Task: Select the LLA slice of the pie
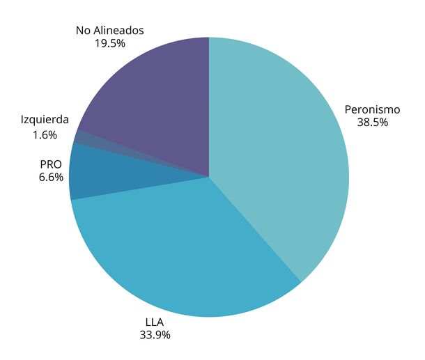tap(188, 251)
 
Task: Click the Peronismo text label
tap(372, 109)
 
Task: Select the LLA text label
tap(154, 322)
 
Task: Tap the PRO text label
tap(51, 165)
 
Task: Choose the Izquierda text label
tap(45, 120)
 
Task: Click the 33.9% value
tap(154, 335)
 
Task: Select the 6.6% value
tap(51, 178)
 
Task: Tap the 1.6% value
tap(45, 135)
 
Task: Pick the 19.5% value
tap(109, 43)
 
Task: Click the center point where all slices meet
tap(209, 177)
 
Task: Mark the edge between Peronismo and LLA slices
tap(255, 230)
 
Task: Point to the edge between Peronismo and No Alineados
tap(209, 104)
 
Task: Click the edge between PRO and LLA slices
tap(139, 188)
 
